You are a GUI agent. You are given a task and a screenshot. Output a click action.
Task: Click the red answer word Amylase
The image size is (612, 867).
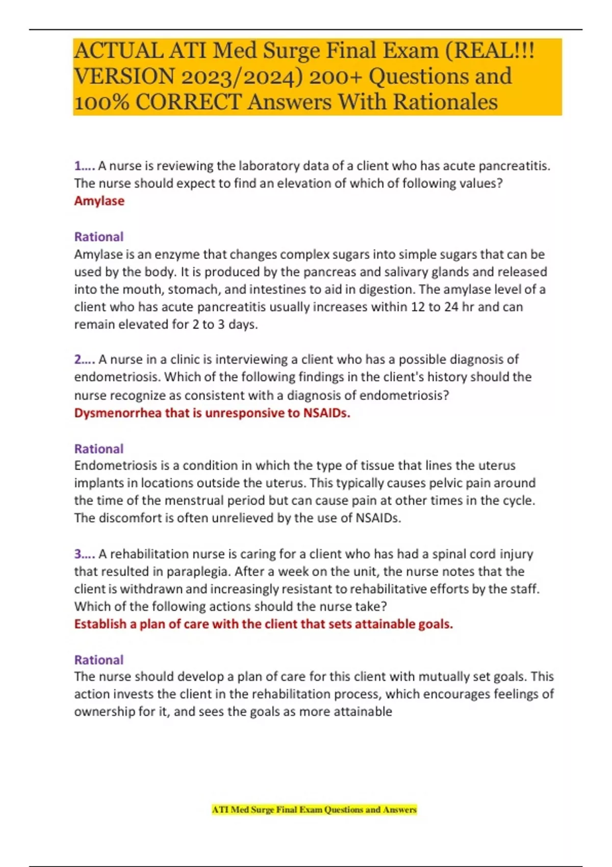(x=99, y=201)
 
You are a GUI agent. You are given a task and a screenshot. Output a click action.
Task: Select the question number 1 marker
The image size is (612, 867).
(x=84, y=166)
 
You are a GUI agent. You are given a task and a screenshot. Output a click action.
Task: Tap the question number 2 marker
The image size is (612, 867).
(x=84, y=360)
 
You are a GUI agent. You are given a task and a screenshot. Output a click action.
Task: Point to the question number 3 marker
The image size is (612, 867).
(x=84, y=554)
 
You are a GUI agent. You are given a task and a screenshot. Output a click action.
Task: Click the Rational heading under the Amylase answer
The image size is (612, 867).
(x=99, y=237)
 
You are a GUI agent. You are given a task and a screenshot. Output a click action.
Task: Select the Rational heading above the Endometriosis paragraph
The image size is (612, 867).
(x=99, y=449)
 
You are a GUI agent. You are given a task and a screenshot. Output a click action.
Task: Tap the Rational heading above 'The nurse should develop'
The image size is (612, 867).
(x=99, y=660)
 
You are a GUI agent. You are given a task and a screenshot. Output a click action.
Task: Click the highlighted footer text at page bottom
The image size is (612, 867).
(x=314, y=809)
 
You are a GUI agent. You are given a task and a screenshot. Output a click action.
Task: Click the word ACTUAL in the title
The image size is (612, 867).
(x=118, y=50)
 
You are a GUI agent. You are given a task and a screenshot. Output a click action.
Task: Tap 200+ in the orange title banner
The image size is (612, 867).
(x=334, y=76)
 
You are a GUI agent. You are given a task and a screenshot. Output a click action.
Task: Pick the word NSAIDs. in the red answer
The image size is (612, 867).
(x=326, y=413)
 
